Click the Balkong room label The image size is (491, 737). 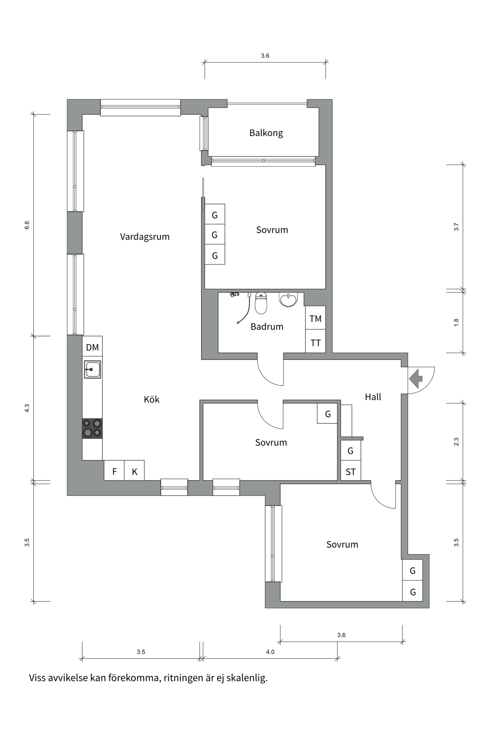[266, 133]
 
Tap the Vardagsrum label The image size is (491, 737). [145, 236]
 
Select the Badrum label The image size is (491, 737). [267, 327]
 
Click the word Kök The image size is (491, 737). [152, 399]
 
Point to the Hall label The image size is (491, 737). [373, 397]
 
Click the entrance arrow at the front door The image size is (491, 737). [416, 378]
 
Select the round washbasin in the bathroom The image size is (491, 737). [288, 299]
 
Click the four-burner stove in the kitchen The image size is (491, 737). [92, 428]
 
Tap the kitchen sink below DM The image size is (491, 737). [92, 369]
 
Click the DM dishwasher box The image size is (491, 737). [92, 347]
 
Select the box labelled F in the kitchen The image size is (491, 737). [114, 472]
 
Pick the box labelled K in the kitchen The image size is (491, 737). [135, 472]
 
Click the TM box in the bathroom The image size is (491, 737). [315, 318]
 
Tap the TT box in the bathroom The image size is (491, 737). [315, 343]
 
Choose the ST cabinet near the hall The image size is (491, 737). [351, 472]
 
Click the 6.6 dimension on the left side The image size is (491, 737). [27, 225]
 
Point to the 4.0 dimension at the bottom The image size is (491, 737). [270, 652]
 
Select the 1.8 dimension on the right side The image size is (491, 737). [456, 322]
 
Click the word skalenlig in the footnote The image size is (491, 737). [247, 678]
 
